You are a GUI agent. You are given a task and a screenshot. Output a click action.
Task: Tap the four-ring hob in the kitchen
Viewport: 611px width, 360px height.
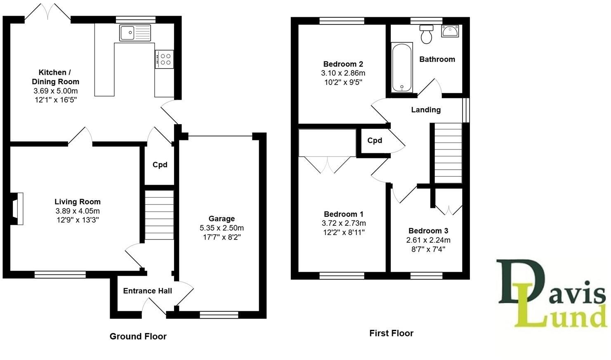(x=164, y=59)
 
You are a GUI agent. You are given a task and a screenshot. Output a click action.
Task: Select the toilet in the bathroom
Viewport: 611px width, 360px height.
(x=426, y=34)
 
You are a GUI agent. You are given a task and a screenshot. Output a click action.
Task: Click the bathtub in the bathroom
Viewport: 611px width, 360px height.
(x=401, y=67)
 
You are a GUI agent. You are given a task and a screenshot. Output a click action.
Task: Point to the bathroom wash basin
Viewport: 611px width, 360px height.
(x=449, y=31)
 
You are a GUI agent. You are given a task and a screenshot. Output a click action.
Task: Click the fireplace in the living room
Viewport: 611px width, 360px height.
(x=17, y=208)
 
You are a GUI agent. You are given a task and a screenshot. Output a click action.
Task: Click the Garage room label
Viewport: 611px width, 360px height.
(x=222, y=219)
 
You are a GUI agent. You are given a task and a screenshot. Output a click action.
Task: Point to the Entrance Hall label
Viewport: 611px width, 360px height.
(x=148, y=291)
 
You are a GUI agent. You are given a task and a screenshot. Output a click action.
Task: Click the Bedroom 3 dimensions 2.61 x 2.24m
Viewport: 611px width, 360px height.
(x=428, y=240)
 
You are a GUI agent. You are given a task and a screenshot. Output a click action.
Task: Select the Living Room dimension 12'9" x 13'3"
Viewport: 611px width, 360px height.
(x=78, y=220)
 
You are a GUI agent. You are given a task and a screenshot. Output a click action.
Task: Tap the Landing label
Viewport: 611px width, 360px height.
(x=426, y=110)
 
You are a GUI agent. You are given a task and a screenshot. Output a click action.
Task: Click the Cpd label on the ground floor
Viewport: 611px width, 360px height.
(x=160, y=165)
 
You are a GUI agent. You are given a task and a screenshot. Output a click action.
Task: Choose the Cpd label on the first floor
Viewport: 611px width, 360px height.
(x=375, y=140)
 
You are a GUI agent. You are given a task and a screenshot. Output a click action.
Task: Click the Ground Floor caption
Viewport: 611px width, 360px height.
(x=138, y=336)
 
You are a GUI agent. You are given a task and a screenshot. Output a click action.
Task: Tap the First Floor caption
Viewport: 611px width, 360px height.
(x=391, y=333)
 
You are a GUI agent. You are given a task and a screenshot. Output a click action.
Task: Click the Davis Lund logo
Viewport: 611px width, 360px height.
(x=552, y=293)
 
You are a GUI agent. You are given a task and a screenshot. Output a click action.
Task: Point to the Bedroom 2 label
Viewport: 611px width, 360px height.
(x=343, y=64)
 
